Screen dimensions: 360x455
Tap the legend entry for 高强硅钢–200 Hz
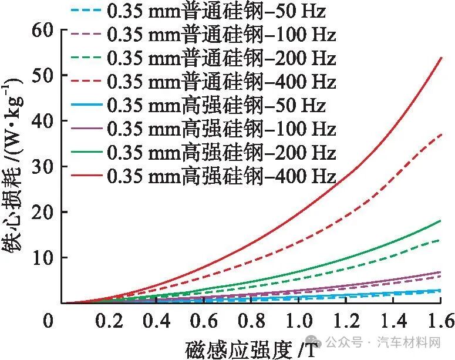pyautogui.click(x=221, y=153)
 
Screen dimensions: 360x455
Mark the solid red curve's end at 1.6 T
pyautogui.click(x=440, y=58)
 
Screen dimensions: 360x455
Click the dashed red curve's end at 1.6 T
pyautogui.click(x=440, y=134)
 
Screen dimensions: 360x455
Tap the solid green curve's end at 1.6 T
pyautogui.click(x=440, y=221)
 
